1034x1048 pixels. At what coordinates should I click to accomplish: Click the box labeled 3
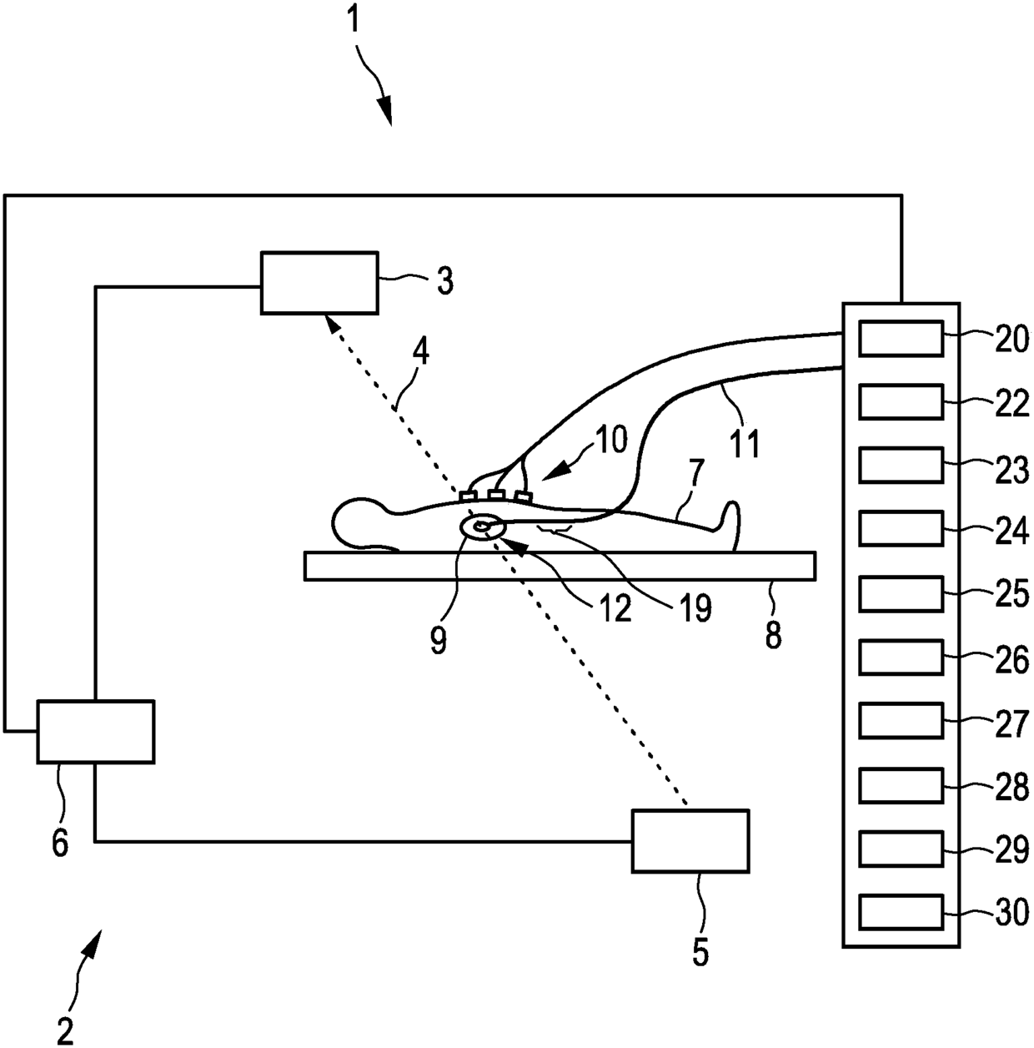pyautogui.click(x=319, y=282)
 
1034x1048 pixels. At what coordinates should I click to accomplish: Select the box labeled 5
pyautogui.click(x=690, y=840)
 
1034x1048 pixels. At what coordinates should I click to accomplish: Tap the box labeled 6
pyautogui.click(x=96, y=731)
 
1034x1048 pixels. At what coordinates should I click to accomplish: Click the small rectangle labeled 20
pyautogui.click(x=901, y=338)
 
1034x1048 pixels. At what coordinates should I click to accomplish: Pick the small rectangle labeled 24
pyautogui.click(x=901, y=528)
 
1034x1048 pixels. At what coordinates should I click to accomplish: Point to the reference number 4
pyautogui.click(x=421, y=355)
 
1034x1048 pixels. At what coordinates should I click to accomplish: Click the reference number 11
pyautogui.click(x=745, y=442)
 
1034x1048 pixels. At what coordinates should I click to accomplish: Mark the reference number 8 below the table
pyautogui.click(x=773, y=637)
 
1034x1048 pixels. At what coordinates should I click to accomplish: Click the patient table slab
pyautogui.click(x=560, y=565)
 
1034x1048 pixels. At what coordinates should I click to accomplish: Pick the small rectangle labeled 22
pyautogui.click(x=901, y=401)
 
